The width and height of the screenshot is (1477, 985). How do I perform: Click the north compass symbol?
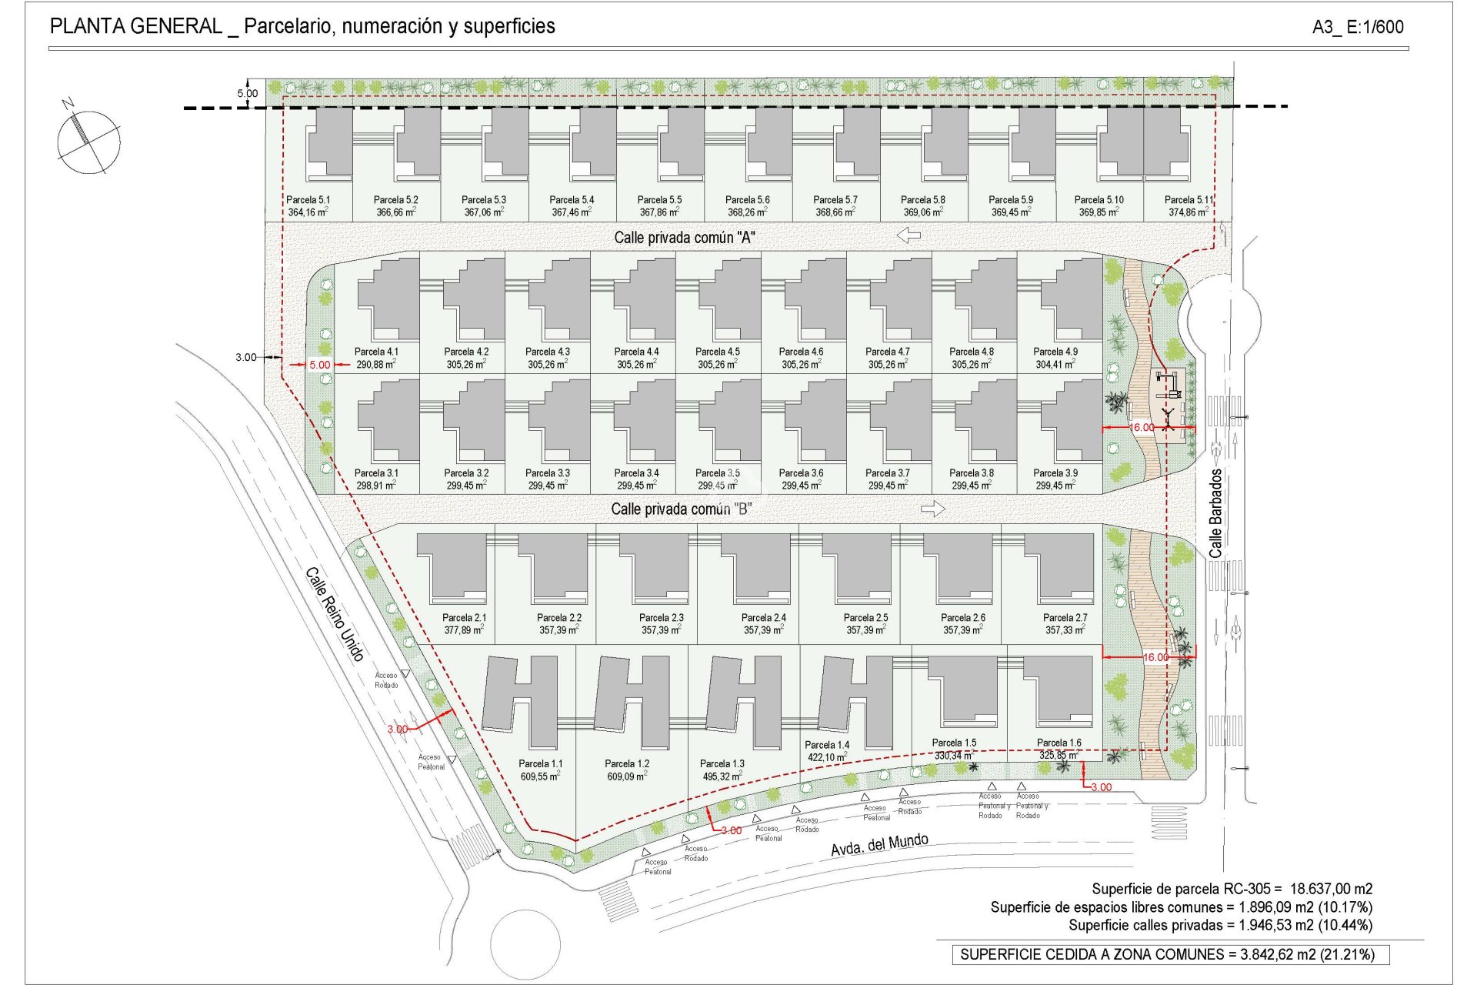point(88,141)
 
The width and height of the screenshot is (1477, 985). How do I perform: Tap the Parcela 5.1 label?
point(308,200)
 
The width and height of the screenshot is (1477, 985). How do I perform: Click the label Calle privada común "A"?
point(684,238)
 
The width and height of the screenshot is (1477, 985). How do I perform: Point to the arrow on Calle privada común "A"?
point(909,235)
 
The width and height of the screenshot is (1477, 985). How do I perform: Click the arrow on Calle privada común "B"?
point(932,509)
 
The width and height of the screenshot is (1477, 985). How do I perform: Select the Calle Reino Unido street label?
point(334,614)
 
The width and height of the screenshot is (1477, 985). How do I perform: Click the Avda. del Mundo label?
point(879,844)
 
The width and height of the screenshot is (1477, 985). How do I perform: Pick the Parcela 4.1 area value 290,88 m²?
point(375,364)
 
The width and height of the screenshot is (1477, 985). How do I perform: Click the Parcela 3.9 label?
point(1055,473)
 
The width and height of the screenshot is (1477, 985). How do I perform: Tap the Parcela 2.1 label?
point(464,618)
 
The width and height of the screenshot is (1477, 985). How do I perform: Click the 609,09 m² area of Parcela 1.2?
point(626,776)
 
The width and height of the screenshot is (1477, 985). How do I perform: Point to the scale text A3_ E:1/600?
point(1358,27)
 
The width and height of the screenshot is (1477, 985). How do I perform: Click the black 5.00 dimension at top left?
point(248,94)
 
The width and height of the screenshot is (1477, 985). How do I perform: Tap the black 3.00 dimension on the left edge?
point(246,357)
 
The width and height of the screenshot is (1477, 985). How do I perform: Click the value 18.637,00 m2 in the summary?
point(1331,889)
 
